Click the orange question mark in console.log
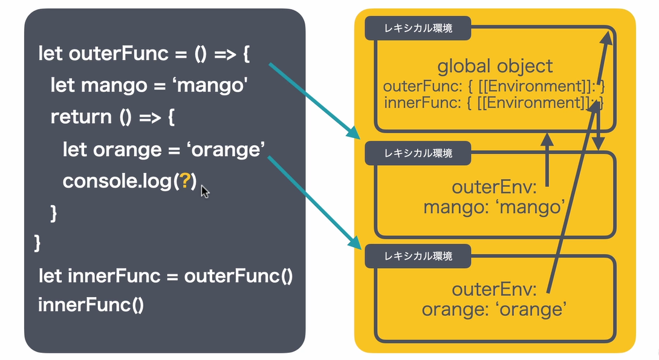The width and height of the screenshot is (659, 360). pos(185,182)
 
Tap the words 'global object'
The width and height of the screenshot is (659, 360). pos(495,66)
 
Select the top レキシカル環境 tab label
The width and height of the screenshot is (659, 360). pos(418,27)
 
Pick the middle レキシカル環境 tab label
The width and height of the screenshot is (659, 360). pos(418,153)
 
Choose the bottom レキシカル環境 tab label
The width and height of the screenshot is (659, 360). pos(418,256)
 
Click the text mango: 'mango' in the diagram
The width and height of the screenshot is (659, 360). pos(494,208)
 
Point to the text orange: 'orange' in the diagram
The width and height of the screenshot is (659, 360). pos(493,310)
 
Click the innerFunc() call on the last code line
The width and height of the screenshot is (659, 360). pos(91,303)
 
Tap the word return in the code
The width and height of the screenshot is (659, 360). pos(81,117)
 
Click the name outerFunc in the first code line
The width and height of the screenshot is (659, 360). pos(118,54)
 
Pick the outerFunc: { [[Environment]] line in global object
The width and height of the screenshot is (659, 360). pos(494,86)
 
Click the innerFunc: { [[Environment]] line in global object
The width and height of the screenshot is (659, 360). pos(494,102)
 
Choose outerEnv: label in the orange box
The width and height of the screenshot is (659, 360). pos(495,290)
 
